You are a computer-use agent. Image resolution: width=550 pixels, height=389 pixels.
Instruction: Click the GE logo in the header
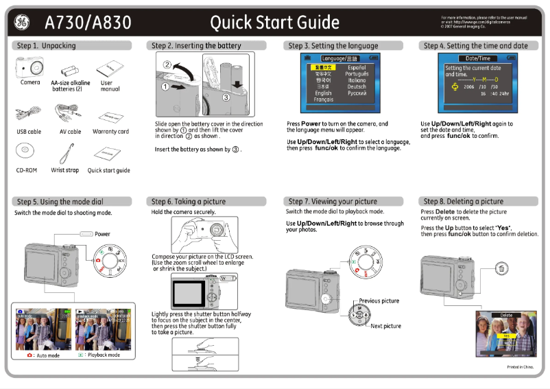pos(21,23)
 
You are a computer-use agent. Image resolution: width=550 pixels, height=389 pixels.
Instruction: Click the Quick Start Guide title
pos(274,23)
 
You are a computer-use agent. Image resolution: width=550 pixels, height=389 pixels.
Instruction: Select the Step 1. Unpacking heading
pos(46,46)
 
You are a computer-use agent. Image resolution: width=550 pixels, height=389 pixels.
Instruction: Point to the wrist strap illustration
pos(67,151)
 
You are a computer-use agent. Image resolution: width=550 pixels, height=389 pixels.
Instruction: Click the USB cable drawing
pos(27,111)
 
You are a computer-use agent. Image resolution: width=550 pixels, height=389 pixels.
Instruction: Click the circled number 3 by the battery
pos(226,97)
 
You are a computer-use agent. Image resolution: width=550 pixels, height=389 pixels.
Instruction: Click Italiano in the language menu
pos(357,80)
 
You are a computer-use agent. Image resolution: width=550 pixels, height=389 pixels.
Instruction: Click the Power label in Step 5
pos(102,234)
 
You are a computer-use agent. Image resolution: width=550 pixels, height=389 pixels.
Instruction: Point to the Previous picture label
pos(379,301)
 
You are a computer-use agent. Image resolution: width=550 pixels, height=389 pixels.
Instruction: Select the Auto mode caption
pos(47,355)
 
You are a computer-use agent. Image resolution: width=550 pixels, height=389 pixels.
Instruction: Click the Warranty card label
pos(110,132)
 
